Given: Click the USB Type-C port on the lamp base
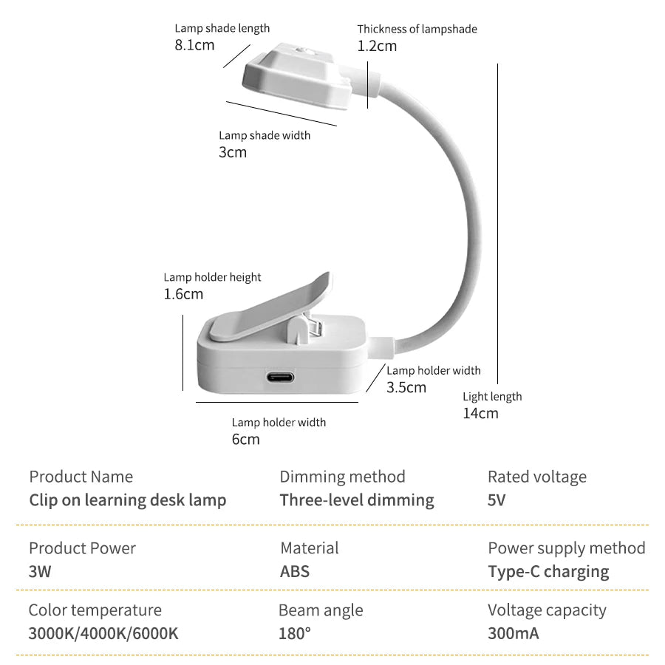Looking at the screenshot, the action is (x=279, y=377).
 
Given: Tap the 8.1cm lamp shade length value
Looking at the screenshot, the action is (x=194, y=45).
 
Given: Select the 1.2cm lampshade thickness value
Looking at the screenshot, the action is (x=377, y=46).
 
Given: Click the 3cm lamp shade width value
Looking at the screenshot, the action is (x=233, y=152).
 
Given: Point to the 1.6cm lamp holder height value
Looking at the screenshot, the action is (x=183, y=294).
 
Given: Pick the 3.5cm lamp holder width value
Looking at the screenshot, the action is (x=406, y=387).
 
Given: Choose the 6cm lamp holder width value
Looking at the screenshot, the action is (x=245, y=439).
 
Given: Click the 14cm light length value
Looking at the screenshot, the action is (x=480, y=413).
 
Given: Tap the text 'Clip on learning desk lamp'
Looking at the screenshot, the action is (x=128, y=500).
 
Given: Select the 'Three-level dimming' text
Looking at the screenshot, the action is (x=357, y=500).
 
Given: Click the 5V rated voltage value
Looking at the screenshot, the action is (x=497, y=500).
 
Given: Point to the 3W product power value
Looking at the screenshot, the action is (x=40, y=571).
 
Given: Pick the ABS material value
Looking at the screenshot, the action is (x=295, y=571).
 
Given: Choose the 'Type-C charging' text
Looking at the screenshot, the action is (x=548, y=572).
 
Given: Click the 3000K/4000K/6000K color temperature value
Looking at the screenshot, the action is (x=103, y=633).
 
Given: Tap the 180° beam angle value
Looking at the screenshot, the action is (x=295, y=633).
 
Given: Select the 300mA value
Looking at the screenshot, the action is (x=514, y=633).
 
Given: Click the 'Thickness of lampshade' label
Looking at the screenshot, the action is (x=417, y=29).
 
